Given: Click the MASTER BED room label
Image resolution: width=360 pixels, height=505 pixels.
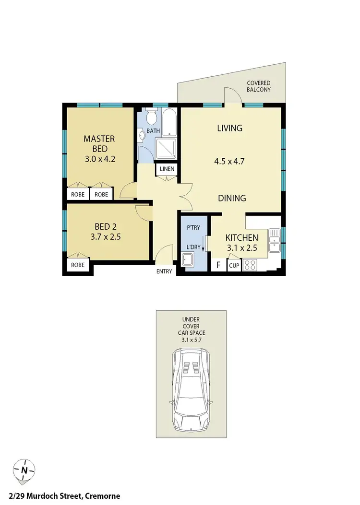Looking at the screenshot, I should pyautogui.click(x=99, y=144).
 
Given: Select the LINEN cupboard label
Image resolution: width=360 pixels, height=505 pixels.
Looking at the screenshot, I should pyautogui.click(x=167, y=170).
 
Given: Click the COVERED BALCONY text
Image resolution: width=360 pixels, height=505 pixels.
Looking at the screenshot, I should pyautogui.click(x=259, y=86).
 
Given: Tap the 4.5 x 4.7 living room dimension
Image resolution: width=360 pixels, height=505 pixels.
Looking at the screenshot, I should pyautogui.click(x=229, y=162).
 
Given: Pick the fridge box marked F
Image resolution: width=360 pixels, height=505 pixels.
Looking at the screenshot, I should pyautogui.click(x=218, y=265).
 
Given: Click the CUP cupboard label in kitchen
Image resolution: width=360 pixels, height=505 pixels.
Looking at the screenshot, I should pyautogui.click(x=234, y=265).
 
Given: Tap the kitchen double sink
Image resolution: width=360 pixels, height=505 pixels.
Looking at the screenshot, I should pyautogui.click(x=275, y=240).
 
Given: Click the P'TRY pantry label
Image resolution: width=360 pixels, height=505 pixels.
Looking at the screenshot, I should pyautogui.click(x=193, y=228).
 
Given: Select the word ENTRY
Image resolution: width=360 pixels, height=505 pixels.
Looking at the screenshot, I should pyautogui.click(x=164, y=272).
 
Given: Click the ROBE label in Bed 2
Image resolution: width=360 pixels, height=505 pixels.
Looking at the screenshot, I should pyautogui.click(x=78, y=265).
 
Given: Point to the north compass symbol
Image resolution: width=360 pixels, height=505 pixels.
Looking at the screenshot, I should pyautogui.click(x=24, y=470).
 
